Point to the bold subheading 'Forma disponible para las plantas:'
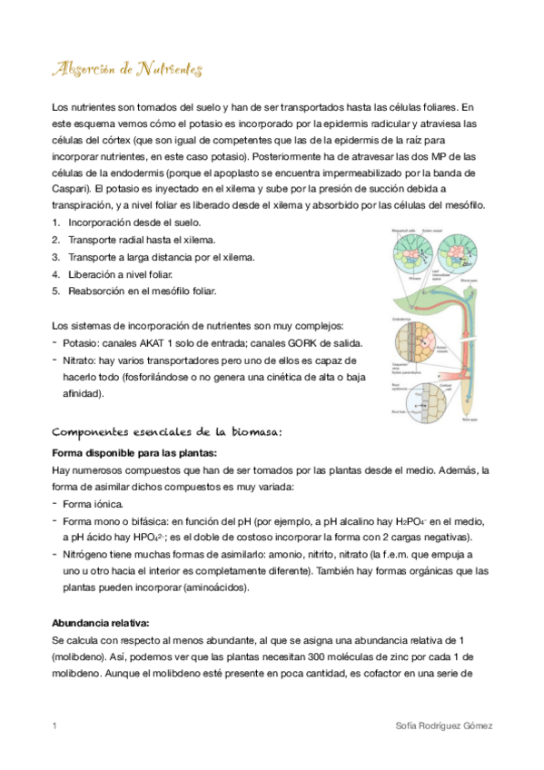coord(134,452)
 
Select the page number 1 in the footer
coord(55,726)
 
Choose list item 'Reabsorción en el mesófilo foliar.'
coord(143,291)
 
